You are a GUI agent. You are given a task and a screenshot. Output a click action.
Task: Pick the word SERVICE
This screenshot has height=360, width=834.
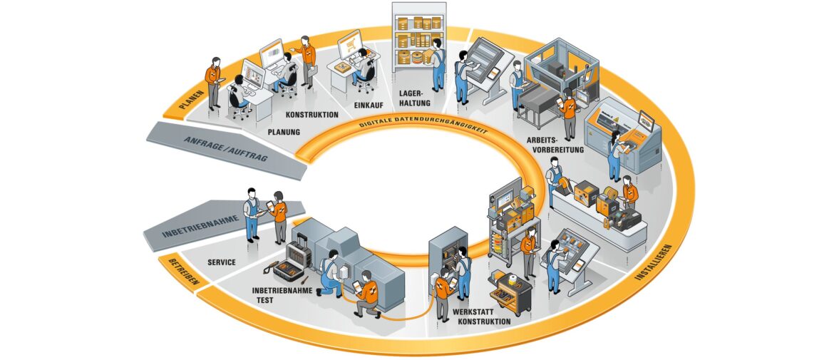click(222, 262)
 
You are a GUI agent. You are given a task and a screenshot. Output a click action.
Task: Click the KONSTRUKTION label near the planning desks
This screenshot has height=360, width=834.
click(312, 114)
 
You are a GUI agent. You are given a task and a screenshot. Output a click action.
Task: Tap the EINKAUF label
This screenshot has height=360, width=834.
click(369, 106)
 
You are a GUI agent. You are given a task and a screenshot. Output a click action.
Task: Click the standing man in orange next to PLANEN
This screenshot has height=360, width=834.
click(213, 81)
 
